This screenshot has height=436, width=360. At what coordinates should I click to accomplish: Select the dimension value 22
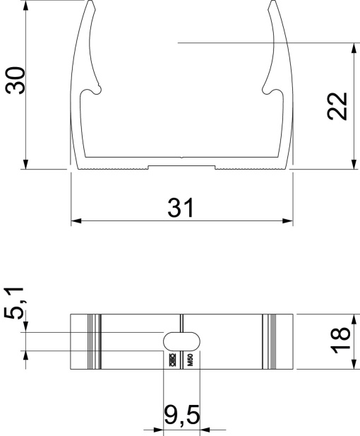click(x=339, y=106)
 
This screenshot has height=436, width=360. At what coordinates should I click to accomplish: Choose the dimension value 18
click(x=340, y=341)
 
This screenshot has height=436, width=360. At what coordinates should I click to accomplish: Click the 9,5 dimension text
click(x=181, y=416)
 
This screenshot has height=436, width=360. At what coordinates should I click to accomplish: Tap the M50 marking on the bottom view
click(x=190, y=360)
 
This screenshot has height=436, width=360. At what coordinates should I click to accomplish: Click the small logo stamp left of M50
click(x=172, y=360)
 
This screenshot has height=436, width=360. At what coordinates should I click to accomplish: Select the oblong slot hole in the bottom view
click(x=181, y=341)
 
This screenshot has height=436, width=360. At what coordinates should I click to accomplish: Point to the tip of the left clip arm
click(x=92, y=4)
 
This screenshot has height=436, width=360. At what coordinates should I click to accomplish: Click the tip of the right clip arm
click(x=272, y=4)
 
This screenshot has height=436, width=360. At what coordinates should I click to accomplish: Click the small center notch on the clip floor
click(x=181, y=157)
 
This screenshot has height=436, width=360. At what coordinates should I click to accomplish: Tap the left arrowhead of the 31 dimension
click(x=75, y=221)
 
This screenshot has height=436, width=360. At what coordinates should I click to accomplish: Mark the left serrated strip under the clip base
click(x=109, y=168)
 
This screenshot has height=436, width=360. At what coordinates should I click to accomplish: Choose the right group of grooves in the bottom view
click(x=269, y=341)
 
